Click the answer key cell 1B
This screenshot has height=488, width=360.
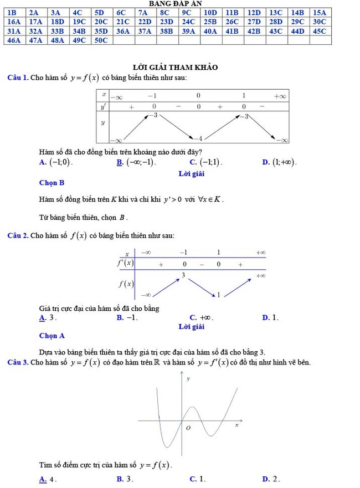pyautogui.click(x=14, y=12)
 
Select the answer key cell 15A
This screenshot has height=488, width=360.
pyautogui.click(x=320, y=12)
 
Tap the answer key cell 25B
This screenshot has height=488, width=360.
pyautogui.click(x=210, y=21)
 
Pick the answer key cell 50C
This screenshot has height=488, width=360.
pyautogui.click(x=101, y=40)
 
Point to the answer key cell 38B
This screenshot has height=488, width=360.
pyautogui.click(x=166, y=31)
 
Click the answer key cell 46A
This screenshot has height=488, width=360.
pyautogui.click(x=14, y=40)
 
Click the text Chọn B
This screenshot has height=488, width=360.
pyautogui.click(x=52, y=182)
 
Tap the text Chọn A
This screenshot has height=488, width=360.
pyautogui.click(x=52, y=336)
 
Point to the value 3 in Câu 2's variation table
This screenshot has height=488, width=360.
pyautogui.click(x=183, y=275)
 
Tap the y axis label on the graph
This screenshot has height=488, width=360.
pyautogui.click(x=188, y=379)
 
